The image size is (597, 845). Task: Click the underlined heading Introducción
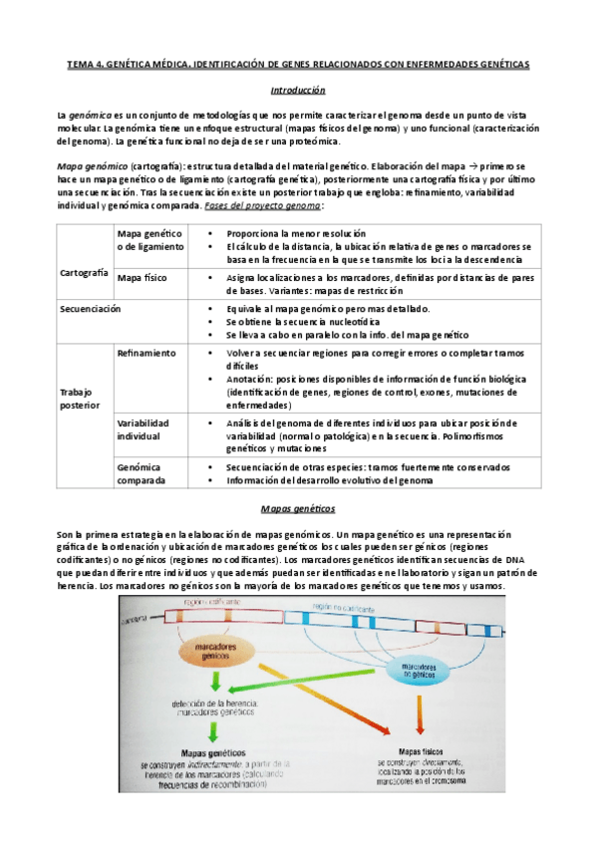tap(298, 90)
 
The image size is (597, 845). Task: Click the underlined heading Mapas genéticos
tap(298, 508)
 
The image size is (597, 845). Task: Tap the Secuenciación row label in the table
tap(88, 309)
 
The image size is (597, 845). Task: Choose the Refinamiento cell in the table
tap(147, 353)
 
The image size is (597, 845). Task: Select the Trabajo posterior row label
tap(81, 399)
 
